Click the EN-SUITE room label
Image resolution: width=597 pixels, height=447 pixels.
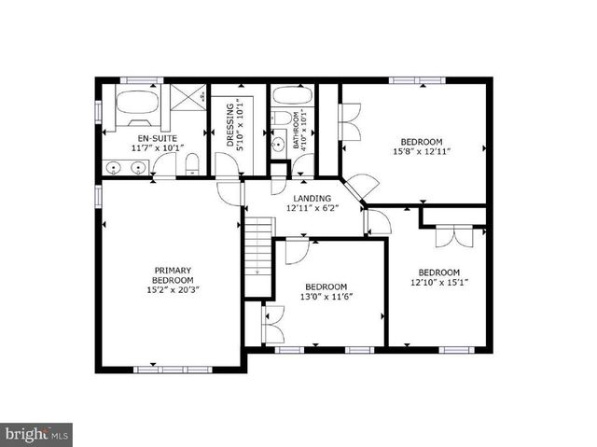[x=131, y=137]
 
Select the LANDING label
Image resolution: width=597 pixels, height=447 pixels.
[x=311, y=199]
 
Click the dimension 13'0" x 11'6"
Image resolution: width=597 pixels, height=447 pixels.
[x=326, y=297]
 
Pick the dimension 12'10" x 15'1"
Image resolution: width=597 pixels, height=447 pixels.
[x=438, y=283]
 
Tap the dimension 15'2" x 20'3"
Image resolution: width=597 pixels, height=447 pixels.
[x=173, y=290]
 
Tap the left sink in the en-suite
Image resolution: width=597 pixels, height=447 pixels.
[x=115, y=168]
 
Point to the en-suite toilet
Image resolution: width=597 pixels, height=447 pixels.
[x=191, y=165]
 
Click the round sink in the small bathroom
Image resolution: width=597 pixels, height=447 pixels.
[x=277, y=146]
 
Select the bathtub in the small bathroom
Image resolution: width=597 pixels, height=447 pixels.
[x=292, y=98]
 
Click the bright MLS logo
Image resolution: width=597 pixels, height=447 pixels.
[x=36, y=434]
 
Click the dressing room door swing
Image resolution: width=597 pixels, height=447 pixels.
[x=226, y=164]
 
